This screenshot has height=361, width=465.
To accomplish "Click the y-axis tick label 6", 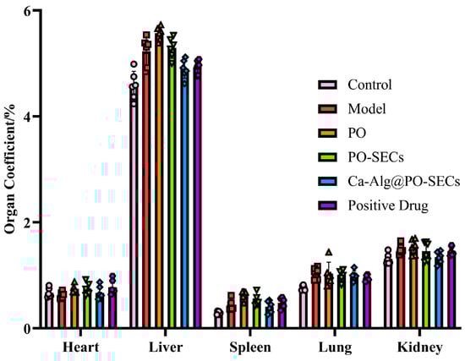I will point(29,11).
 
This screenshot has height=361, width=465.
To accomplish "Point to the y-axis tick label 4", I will point(29,117).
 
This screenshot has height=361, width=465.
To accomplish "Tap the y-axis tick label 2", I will point(29,222).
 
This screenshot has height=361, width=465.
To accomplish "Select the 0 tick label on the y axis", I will point(29,329).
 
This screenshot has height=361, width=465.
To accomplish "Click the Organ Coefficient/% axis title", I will point(9,169).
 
